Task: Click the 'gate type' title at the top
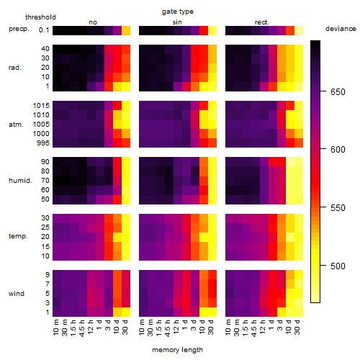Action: pos(178,12)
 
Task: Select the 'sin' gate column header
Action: pos(177,22)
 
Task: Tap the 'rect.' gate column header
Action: pos(262,22)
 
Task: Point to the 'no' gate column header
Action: pos(93,22)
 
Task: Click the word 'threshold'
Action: pos(40,17)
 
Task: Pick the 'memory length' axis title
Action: pos(178,350)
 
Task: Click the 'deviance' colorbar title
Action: pos(341,29)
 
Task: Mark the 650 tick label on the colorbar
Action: pos(338,92)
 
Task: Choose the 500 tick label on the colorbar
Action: pos(338,266)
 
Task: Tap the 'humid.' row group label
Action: pos(20,181)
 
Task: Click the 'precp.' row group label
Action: pos(19,29)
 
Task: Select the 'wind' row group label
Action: pos(17,294)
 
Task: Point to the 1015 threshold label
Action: pos(41,106)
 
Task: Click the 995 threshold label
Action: pos(43,143)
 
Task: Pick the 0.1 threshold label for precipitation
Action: pos(44,30)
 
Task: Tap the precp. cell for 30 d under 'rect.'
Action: pos(299,31)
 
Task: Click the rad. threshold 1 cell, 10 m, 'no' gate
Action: pos(57,86)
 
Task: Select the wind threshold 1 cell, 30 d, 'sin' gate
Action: pos(212,312)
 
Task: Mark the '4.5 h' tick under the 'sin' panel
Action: pos(168,328)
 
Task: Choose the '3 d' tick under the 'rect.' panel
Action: pos(280,325)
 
